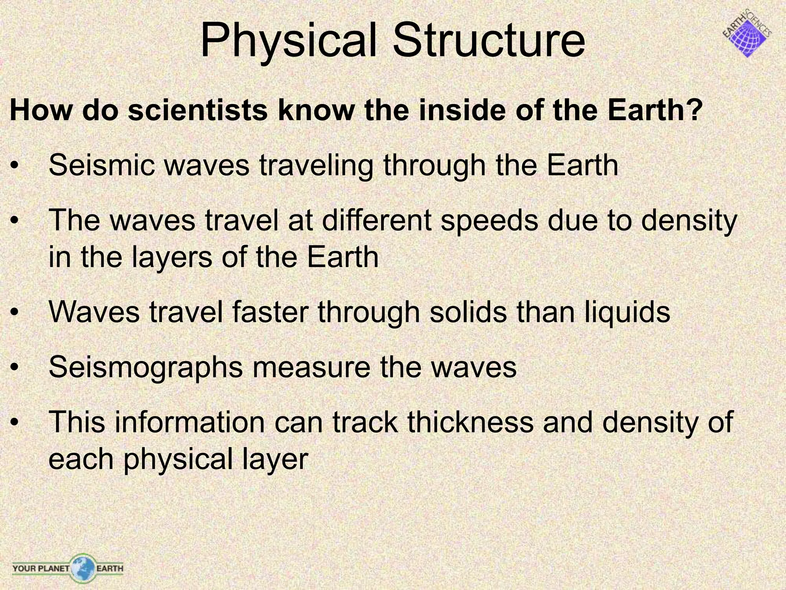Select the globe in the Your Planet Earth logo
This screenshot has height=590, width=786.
pyautogui.click(x=82, y=567)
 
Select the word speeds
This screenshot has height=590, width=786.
pyautogui.click(x=489, y=220)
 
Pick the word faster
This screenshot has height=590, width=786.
pyautogui.click(x=271, y=312)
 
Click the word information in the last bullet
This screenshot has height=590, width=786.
pyautogui.click(x=190, y=422)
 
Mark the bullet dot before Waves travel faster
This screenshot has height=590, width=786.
pyautogui.click(x=15, y=313)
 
